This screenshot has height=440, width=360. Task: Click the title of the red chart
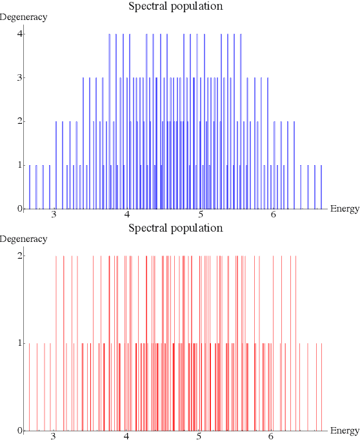175,228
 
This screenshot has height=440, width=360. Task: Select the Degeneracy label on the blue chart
24,17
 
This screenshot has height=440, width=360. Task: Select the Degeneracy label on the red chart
24,239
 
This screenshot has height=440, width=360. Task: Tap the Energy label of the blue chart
344,208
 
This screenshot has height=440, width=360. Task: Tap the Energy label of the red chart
344,430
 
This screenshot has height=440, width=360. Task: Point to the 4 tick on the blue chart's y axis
20,34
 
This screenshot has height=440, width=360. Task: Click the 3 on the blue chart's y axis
20,77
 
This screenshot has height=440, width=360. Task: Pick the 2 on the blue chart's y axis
20,121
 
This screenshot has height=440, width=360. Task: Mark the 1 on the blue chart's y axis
20,165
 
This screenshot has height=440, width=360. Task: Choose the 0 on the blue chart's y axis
20,208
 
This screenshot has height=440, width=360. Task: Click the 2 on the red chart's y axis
20,255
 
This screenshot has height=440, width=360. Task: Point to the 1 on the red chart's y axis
20,343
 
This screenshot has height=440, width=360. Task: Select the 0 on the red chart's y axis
20,430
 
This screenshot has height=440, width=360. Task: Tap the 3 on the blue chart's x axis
55,215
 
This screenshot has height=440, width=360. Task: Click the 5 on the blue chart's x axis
201,215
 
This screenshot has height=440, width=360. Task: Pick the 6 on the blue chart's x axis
274,215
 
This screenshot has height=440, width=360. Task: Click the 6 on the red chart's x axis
274,437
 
